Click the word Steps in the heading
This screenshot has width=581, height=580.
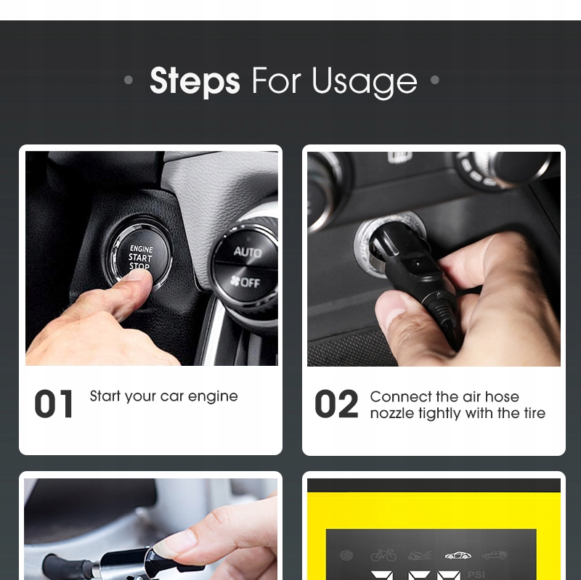coord(195,81)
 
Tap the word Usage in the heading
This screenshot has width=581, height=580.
coord(365,83)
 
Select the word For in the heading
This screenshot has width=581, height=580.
coord(276,81)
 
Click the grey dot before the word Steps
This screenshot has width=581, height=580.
coord(129,80)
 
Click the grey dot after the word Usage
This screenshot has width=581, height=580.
coord(435,80)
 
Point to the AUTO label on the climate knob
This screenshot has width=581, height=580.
coord(248,252)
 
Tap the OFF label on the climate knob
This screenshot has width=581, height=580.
coord(245,282)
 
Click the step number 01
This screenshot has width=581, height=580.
coord(54,404)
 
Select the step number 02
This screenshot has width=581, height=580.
coord(336,404)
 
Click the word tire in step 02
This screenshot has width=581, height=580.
coord(535,412)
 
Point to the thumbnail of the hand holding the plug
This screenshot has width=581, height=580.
coord(434,259)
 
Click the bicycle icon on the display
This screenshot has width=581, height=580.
coord(383,555)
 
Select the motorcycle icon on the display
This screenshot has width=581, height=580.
coord(420,555)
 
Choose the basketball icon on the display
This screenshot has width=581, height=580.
coord(346,555)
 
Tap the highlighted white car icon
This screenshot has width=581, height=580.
coord(458,555)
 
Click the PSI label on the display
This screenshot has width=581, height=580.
coord(476,575)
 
